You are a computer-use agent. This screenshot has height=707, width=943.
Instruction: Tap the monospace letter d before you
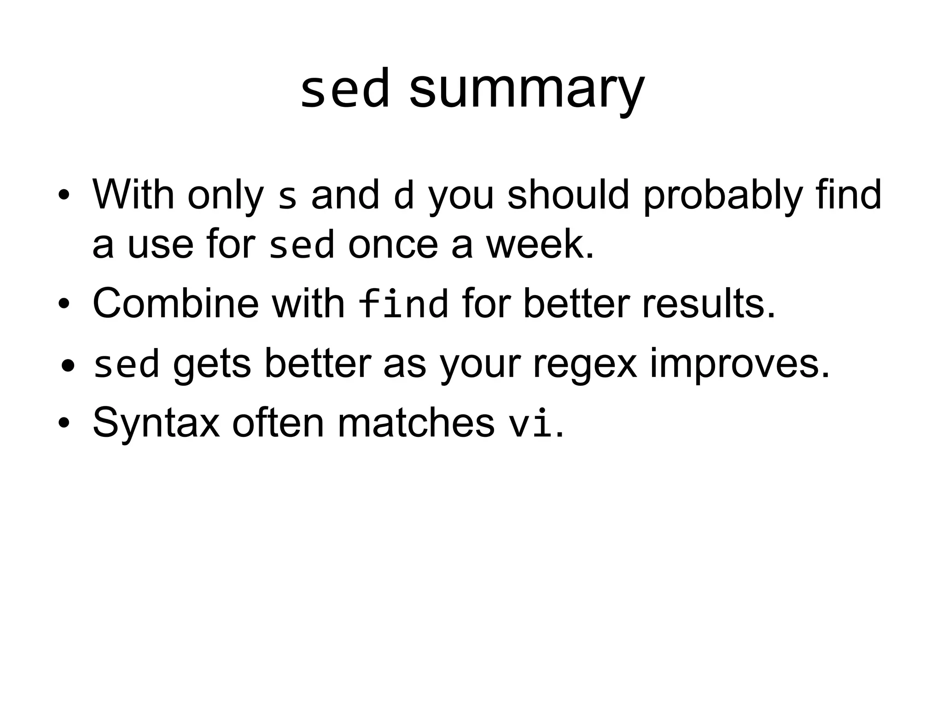tap(404, 195)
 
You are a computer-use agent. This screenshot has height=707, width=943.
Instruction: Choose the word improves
tap(739, 365)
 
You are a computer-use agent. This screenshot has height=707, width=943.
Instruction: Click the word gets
tap(212, 365)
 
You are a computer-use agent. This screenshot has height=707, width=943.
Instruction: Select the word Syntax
tap(157, 423)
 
